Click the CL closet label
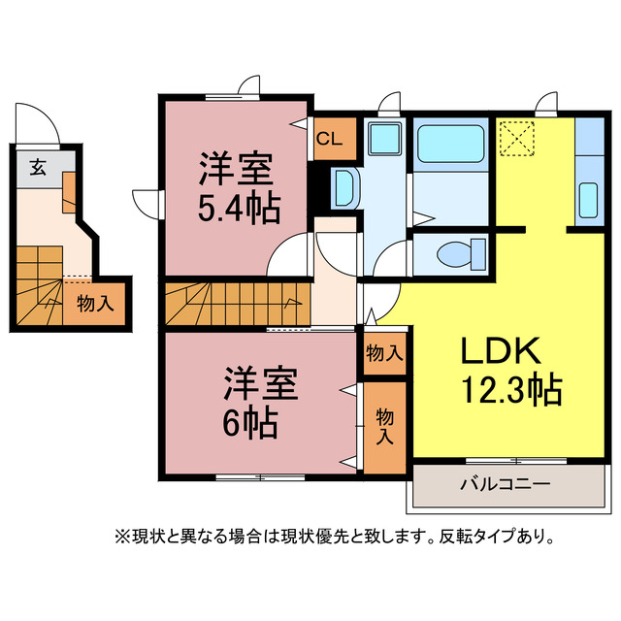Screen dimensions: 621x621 pyautogui.click(x=328, y=138)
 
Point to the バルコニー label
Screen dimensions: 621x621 pyautogui.click(x=505, y=483)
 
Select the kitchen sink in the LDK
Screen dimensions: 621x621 pyautogui.click(x=588, y=199)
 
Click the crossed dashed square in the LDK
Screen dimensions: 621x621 pyautogui.click(x=516, y=138)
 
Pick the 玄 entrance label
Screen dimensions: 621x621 pyautogui.click(x=36, y=166)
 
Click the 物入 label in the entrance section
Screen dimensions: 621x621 pyautogui.click(x=95, y=302)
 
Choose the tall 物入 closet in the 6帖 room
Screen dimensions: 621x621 pyautogui.click(x=384, y=427)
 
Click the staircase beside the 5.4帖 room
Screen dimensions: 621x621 pyautogui.click(x=233, y=304)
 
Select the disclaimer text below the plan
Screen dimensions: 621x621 pyautogui.click(x=334, y=535)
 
